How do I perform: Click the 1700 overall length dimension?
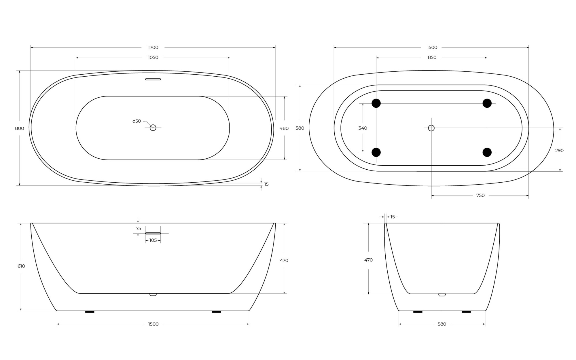153,47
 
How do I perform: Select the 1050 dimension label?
153,58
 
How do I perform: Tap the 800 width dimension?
20,128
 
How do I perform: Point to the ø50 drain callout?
137,121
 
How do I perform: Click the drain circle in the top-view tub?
153,128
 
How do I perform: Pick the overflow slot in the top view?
153,79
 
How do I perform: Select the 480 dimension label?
284,128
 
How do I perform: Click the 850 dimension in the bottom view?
432,58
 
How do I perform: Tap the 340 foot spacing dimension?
363,128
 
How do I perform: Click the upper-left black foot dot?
376,103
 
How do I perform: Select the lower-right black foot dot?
487,152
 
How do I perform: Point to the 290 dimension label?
559,150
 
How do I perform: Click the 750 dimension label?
480,195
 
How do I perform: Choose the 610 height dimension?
21,266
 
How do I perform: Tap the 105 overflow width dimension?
153,240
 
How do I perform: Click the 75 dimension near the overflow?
138,228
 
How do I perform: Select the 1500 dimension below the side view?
153,324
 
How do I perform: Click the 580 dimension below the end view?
442,324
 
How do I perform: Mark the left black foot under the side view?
90,312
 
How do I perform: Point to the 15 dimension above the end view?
393,217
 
